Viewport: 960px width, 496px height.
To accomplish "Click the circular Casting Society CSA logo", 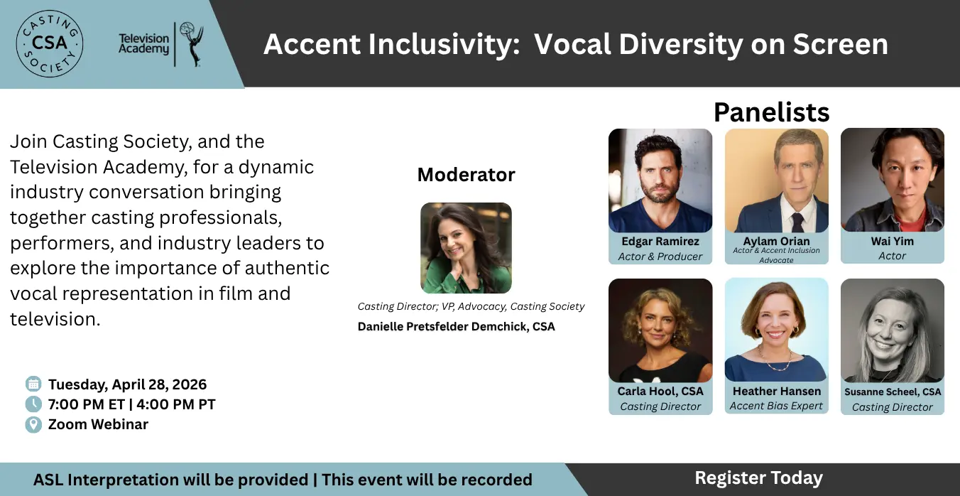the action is tap(50, 44).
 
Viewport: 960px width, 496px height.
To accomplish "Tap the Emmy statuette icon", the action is tap(191, 44).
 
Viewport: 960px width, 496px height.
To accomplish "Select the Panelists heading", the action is tap(771, 112).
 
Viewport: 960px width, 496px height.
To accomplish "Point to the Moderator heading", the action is tap(467, 175).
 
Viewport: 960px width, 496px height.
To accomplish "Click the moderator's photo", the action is tap(466, 248).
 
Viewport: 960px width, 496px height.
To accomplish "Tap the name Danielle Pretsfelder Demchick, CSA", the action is tap(457, 326).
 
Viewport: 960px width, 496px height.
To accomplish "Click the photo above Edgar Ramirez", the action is tap(660, 180).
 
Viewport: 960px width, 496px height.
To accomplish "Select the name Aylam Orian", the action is tap(777, 241).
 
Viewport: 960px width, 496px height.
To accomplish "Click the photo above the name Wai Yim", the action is tap(893, 180).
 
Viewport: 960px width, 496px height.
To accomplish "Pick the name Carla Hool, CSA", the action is tap(660, 392).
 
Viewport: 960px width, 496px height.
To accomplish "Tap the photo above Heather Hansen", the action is tap(777, 330).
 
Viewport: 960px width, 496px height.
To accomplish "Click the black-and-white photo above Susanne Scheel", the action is tap(893, 330).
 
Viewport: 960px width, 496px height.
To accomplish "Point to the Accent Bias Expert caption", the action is tap(776, 406).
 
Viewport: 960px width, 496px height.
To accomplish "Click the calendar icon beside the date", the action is tap(33, 384).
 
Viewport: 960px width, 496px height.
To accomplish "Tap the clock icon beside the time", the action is tap(33, 404).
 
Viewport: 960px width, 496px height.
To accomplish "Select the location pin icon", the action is tap(33, 424).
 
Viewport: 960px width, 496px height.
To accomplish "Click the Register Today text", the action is tap(758, 478).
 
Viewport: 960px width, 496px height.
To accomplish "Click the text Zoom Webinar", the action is tap(98, 424).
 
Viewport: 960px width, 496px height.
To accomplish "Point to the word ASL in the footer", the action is tap(48, 480).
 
